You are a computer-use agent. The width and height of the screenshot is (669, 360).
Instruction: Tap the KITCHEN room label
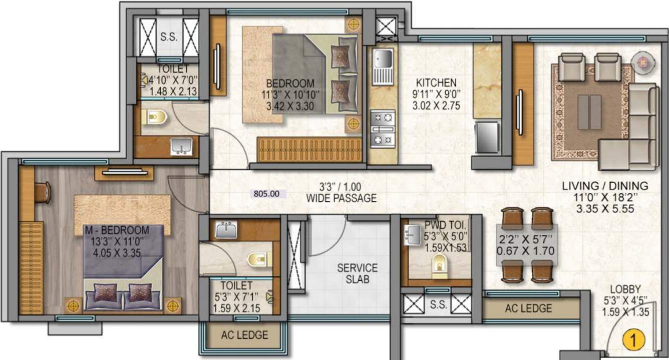[x=437, y=83]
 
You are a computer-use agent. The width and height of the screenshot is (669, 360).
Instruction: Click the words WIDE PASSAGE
[x=342, y=199]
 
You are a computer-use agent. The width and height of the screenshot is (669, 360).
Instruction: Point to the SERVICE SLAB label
[x=357, y=273]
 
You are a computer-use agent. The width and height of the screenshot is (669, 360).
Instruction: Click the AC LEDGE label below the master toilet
[x=244, y=335]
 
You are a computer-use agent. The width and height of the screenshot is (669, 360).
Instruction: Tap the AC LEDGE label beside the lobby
[x=528, y=308]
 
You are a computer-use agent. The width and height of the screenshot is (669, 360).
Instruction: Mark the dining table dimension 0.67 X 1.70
[x=525, y=251]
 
